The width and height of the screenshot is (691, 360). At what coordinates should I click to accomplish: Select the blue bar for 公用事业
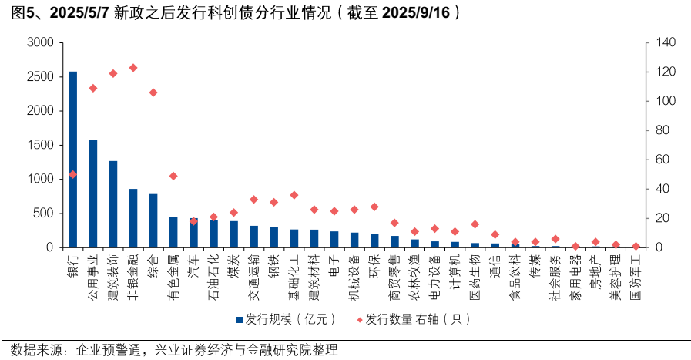tap(93, 193)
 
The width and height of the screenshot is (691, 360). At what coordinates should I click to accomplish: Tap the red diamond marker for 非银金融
tap(133, 68)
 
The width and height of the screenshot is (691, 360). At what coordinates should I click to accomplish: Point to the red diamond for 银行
tap(73, 174)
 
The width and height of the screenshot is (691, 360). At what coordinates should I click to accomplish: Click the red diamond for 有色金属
tap(173, 176)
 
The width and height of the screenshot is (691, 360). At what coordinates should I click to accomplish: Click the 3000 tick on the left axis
tap(39, 43)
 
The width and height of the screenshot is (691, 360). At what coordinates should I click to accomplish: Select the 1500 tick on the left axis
tap(39, 145)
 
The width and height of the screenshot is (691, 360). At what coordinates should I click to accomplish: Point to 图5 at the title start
tap(17, 12)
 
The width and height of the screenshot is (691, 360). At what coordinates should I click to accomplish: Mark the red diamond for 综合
tap(153, 93)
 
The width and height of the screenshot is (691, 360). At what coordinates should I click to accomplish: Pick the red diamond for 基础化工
tap(294, 195)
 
